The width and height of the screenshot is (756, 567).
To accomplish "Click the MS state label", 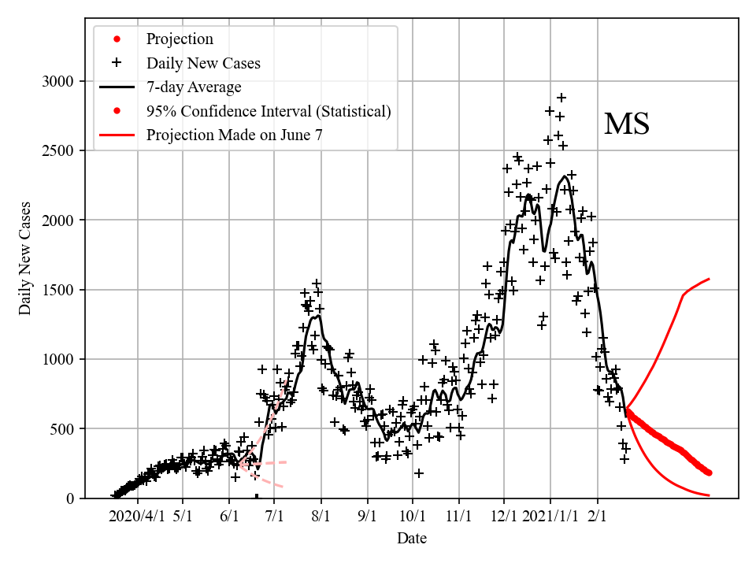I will (627, 124).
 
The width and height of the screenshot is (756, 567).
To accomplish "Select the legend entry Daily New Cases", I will (203, 63).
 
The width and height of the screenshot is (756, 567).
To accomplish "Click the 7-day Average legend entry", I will (194, 87).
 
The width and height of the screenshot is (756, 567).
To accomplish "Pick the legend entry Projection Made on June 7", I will (234, 135).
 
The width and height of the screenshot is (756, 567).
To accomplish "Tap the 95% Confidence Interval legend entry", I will (269, 111).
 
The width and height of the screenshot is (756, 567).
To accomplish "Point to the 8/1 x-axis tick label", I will (321, 517).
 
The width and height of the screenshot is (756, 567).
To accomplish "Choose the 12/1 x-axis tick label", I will (505, 517).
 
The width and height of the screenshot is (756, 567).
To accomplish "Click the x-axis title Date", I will (412, 539).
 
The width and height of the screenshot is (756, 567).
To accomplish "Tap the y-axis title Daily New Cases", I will (25, 261).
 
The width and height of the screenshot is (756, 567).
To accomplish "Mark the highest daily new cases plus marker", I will (561, 98).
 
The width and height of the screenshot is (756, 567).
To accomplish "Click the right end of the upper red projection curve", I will (710, 279).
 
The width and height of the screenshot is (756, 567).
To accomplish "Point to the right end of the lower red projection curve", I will (710, 495).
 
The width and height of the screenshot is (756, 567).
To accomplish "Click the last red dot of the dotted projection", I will (710, 472).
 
